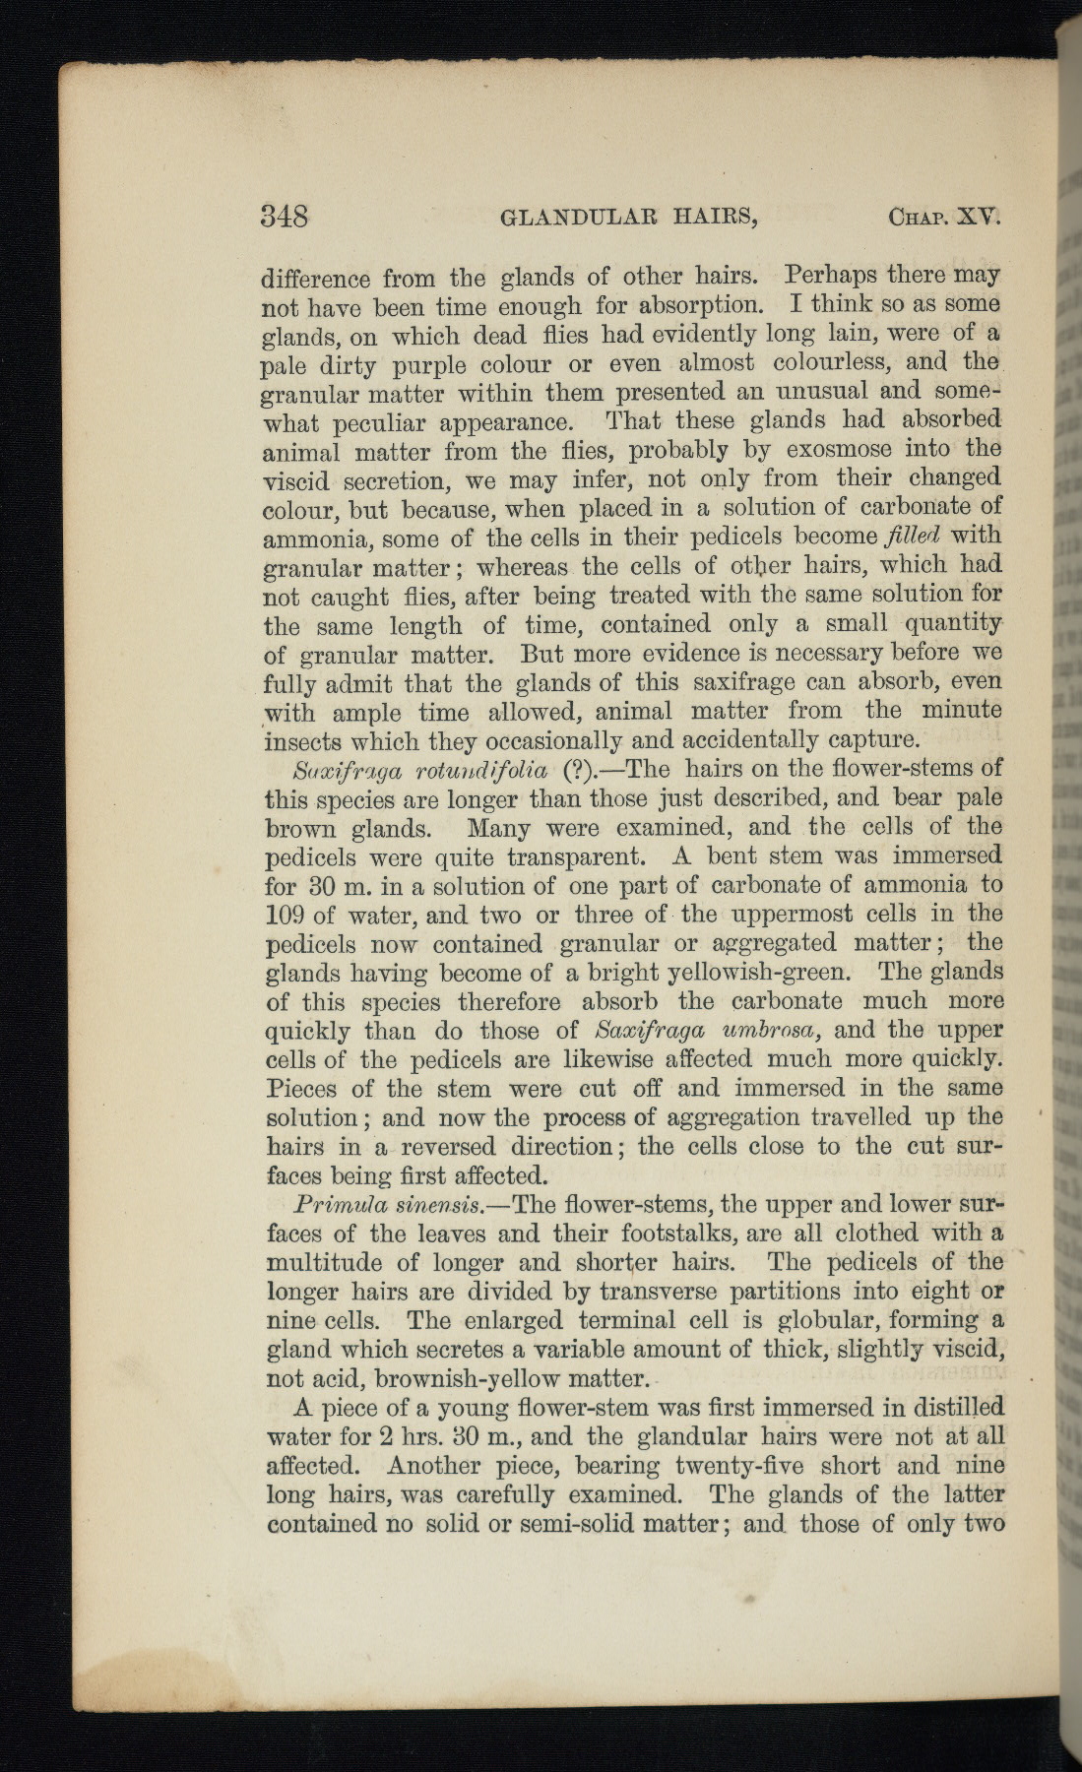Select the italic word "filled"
click(x=914, y=537)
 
